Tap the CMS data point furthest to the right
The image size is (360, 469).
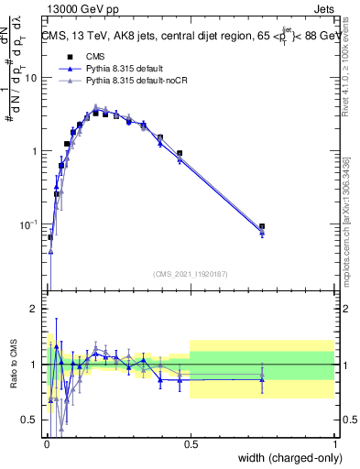click(262, 226)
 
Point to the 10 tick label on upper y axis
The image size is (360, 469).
click(31, 78)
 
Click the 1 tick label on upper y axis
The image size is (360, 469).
click(36, 150)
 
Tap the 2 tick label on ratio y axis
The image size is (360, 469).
click(36, 310)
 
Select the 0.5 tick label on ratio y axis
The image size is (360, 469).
click(31, 420)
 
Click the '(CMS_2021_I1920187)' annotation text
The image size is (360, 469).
click(190, 274)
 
